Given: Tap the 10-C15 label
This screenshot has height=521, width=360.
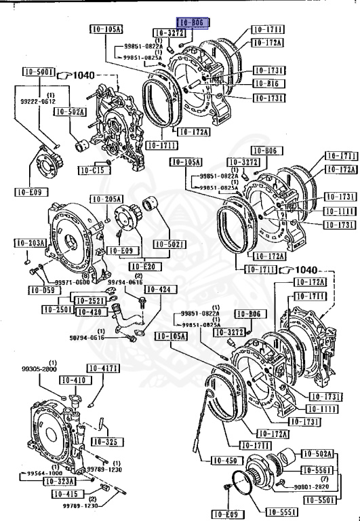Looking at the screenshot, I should [x=90, y=170].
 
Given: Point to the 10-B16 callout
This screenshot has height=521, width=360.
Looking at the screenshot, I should [x=268, y=83].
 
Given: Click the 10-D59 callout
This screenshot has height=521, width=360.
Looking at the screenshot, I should [x=42, y=290].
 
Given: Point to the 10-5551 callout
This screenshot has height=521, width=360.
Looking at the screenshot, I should [x=279, y=512].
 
